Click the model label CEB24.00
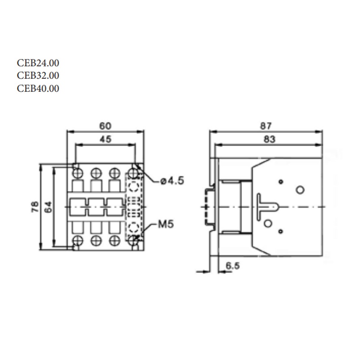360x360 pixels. coord(38,63)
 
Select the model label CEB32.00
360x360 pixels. coord(38,76)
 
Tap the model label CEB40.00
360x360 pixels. coord(38,88)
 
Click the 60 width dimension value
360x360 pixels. coord(105,126)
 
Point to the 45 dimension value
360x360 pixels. coord(105,139)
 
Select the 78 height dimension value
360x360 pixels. coord(35,207)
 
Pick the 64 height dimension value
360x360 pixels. coord(48,207)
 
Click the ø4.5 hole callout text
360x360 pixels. coord(172,181)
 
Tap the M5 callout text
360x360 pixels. coord(166,224)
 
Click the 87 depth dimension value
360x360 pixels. coord(265,126)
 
